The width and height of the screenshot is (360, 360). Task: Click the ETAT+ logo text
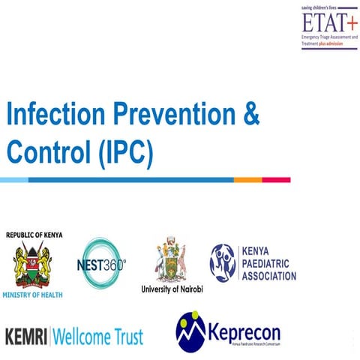[318, 22]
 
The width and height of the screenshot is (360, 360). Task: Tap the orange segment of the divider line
[247, 180]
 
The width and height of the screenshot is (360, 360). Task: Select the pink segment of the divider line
[277, 180]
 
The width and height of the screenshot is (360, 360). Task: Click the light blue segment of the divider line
[13, 180]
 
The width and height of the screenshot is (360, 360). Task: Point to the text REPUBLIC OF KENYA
[34, 235]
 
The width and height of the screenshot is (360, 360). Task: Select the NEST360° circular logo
[102, 264]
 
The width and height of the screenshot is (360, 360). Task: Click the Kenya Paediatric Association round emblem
[223, 263]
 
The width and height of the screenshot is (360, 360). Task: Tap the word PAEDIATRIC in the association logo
[269, 264]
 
